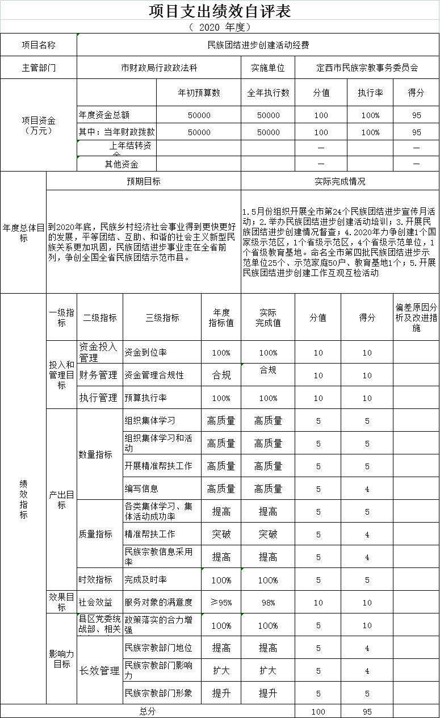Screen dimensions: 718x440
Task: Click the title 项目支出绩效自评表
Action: pyautogui.click(x=220, y=11)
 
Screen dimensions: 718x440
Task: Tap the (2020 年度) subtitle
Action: pyautogui.click(x=220, y=27)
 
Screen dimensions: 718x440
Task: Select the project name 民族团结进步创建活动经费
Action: pyautogui.click(x=258, y=45)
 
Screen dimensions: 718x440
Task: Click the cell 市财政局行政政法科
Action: pyautogui.click(x=159, y=68)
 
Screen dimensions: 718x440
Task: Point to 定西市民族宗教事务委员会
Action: pyautogui.click(x=367, y=68)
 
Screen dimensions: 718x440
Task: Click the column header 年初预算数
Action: pyautogui.click(x=199, y=93)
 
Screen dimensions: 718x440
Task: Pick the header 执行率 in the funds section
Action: pyautogui.click(x=370, y=93)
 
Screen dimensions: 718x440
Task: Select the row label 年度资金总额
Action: pyautogui.click(x=104, y=115)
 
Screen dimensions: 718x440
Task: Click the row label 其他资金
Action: pyautogui.click(x=121, y=165)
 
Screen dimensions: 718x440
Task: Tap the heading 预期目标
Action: pyautogui.click(x=143, y=182)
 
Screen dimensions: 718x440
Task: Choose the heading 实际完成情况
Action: pyautogui.click(x=340, y=182)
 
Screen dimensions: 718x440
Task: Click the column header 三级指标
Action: pyautogui.click(x=162, y=318)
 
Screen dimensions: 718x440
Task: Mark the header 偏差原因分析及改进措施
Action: pyautogui.click(x=416, y=318)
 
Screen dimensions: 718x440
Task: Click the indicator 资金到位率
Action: pyautogui.click(x=145, y=352)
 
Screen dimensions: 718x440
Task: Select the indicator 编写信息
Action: pyautogui.click(x=141, y=489)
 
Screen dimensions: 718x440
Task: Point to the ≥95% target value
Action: pyautogui.click(x=221, y=603)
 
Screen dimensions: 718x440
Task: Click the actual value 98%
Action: pyautogui.click(x=268, y=603)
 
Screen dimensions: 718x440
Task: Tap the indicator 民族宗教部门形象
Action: pyautogui.click(x=158, y=693)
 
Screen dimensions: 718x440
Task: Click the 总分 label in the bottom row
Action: pyautogui.click(x=147, y=711)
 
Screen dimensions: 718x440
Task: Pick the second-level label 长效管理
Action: pyautogui.click(x=99, y=671)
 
